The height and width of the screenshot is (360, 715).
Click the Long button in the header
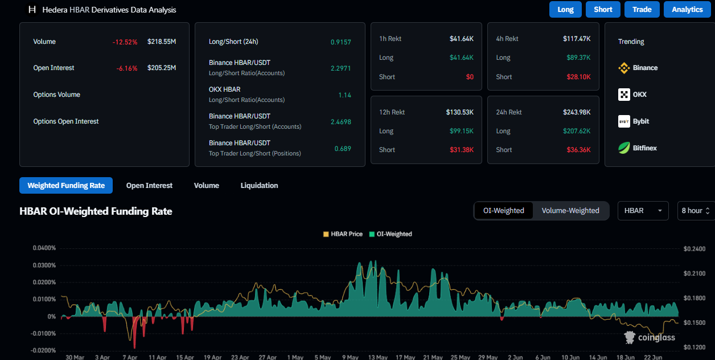point(565,10)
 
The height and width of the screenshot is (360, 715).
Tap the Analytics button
point(687,10)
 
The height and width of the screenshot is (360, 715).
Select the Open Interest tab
point(149,186)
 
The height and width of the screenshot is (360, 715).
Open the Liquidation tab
point(259,186)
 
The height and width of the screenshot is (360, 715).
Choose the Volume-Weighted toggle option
point(570,211)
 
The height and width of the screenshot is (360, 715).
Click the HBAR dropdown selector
point(643,211)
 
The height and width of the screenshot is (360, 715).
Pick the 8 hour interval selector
point(696,211)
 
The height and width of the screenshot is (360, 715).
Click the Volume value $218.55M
point(162,42)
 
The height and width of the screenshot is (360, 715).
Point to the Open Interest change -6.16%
point(127,68)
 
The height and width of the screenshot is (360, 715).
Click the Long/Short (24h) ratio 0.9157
point(340,42)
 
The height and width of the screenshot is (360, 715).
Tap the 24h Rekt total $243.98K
point(577,112)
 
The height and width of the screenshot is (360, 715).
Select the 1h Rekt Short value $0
point(470,77)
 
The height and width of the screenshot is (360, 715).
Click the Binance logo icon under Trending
point(624,68)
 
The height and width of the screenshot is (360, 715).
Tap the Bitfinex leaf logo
point(624,148)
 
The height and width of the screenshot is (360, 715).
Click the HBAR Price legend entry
point(343,234)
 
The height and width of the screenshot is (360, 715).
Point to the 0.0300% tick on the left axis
point(44,265)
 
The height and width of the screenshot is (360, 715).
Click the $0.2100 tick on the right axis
point(695,273)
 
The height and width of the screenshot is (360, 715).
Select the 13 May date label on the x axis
point(377,357)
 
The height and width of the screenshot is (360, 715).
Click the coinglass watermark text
point(656,338)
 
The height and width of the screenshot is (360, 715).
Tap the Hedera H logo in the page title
point(32,10)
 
